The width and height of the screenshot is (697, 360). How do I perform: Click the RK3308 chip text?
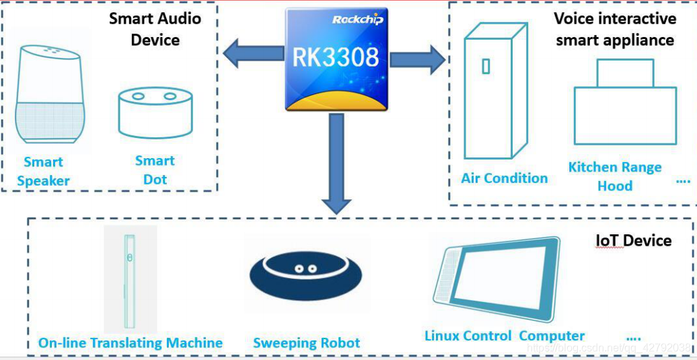click(x=336, y=58)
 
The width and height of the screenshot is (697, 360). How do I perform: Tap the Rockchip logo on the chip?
click(x=357, y=20)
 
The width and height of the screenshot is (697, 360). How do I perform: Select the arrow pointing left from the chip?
click(x=253, y=54)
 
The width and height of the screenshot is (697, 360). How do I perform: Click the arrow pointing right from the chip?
click(x=417, y=60)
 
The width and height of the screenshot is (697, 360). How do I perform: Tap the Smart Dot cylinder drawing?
click(x=155, y=112)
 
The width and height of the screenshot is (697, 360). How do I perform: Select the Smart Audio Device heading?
click(x=155, y=29)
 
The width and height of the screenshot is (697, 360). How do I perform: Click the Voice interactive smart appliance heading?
click(x=615, y=29)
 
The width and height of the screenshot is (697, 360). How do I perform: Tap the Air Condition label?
click(x=504, y=178)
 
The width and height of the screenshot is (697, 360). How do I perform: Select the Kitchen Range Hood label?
click(x=615, y=176)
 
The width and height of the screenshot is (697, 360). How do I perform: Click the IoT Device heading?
click(x=634, y=240)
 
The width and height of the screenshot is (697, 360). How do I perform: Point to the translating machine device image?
click(x=130, y=279)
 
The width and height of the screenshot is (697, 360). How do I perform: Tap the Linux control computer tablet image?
click(x=495, y=279)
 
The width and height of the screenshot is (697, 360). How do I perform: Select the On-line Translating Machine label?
click(x=130, y=343)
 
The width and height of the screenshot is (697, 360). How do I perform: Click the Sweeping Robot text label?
click(x=306, y=343)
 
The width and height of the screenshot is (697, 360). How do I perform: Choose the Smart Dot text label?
click(x=155, y=170)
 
